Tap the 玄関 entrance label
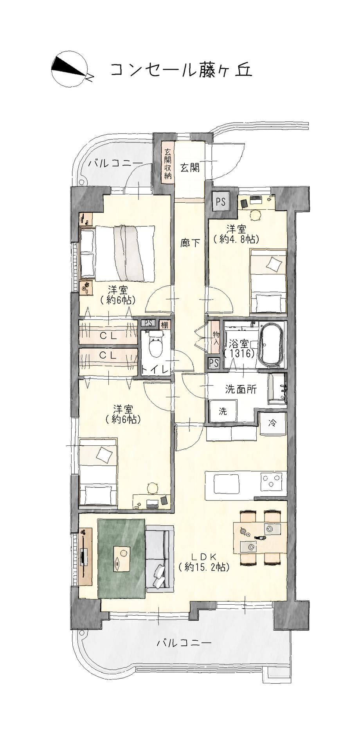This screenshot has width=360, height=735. (x=189, y=168)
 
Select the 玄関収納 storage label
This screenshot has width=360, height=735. (x=167, y=164)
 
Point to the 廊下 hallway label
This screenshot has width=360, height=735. (x=190, y=243)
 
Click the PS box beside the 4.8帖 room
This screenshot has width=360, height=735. (x=221, y=202)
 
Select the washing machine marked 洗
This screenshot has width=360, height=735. (x=223, y=411)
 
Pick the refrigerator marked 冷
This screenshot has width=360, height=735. (x=273, y=423)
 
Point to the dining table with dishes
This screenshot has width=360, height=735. (x=260, y=537)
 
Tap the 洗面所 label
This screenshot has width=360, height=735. (x=241, y=389)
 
